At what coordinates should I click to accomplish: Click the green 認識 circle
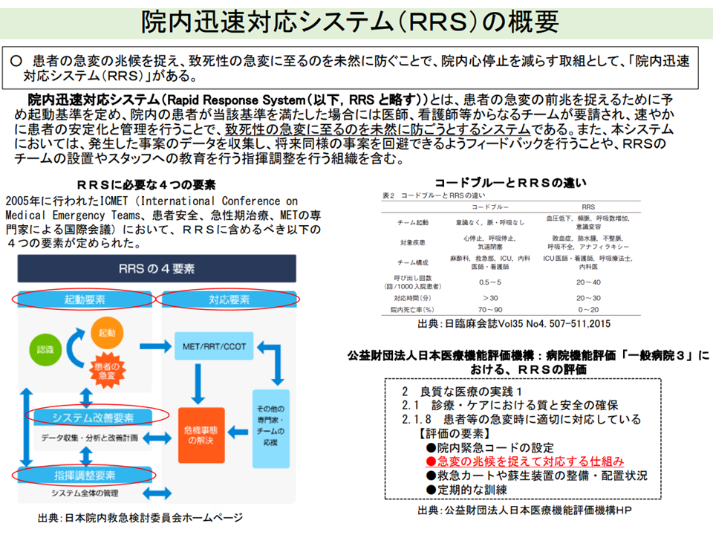[42, 349]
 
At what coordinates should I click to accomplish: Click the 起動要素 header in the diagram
[84, 299]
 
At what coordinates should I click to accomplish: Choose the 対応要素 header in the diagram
[229, 299]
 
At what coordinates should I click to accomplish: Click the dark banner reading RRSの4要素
[157, 267]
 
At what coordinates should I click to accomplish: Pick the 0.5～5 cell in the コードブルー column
[489, 282]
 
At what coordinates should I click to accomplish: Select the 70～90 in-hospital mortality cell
[489, 308]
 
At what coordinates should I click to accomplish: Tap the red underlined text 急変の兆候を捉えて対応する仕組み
[530, 461]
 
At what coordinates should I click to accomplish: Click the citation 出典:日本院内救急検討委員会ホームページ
[140, 518]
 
